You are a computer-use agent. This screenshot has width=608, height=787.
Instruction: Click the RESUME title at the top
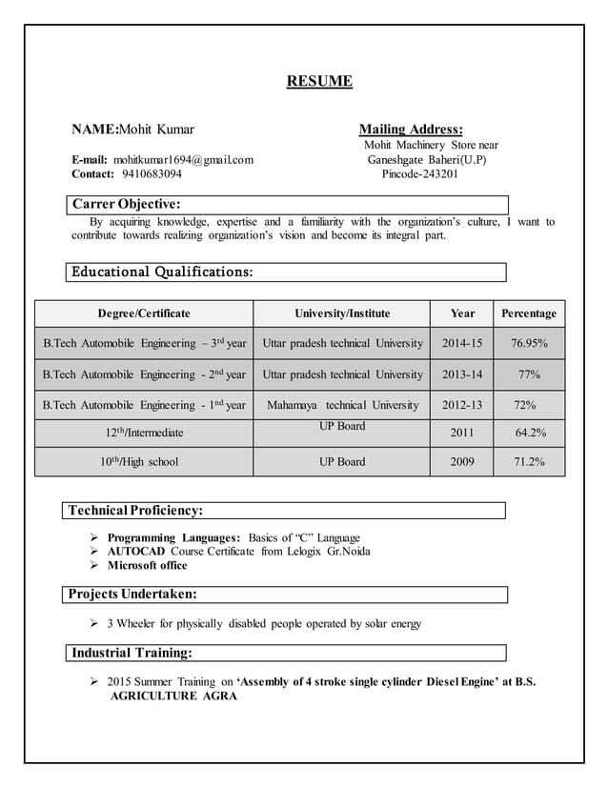[x=319, y=81]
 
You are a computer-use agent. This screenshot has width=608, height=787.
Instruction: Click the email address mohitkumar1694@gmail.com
[x=183, y=159]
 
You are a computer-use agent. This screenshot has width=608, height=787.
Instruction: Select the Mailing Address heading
[x=411, y=130]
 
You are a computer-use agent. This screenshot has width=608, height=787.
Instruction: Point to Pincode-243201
[x=419, y=174]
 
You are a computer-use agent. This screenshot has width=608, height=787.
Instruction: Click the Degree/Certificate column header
[x=144, y=313]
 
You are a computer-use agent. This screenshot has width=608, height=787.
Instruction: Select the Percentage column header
[x=529, y=313]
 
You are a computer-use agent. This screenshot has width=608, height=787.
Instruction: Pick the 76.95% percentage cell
[x=529, y=343]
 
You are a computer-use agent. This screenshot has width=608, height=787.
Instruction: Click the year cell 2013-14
[x=462, y=374]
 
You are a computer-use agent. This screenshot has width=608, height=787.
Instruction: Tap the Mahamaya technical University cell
[x=342, y=405]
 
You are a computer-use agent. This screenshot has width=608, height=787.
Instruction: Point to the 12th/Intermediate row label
[x=144, y=434]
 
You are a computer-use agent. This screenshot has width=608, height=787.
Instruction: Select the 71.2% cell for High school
[x=529, y=462]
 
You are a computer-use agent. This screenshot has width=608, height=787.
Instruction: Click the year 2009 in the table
[x=462, y=462]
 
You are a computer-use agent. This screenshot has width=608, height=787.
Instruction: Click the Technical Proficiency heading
[x=135, y=511]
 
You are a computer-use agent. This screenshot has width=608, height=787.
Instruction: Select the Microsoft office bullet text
[x=148, y=566]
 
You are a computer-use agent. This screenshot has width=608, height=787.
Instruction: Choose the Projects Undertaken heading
[x=133, y=595]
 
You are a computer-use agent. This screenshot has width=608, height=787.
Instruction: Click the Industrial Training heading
[x=132, y=653]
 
